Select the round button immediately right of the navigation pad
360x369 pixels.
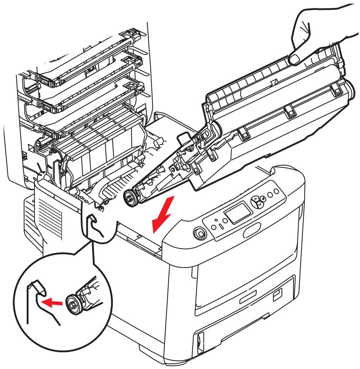[270, 194]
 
